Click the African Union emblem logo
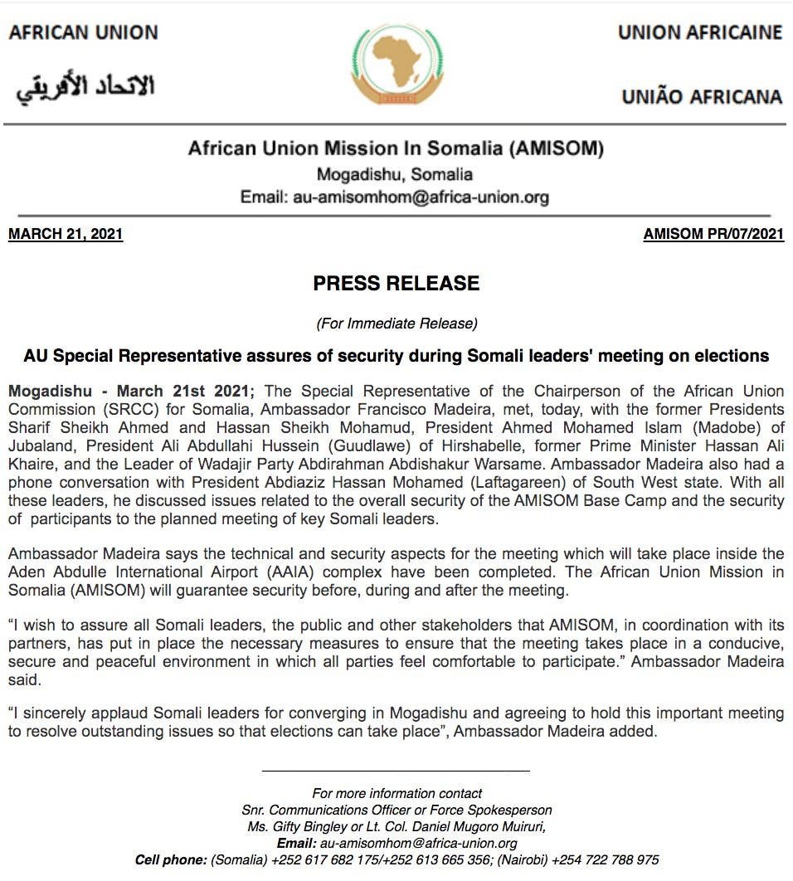(x=397, y=64)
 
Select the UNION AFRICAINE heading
(x=699, y=32)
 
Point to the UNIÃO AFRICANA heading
(x=702, y=96)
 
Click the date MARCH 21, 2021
(x=66, y=235)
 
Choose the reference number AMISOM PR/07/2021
(x=713, y=235)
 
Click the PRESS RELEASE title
(x=396, y=284)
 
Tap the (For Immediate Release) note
(x=396, y=323)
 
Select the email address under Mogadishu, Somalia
(x=421, y=197)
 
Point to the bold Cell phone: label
(x=172, y=859)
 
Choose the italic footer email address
(x=419, y=843)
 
